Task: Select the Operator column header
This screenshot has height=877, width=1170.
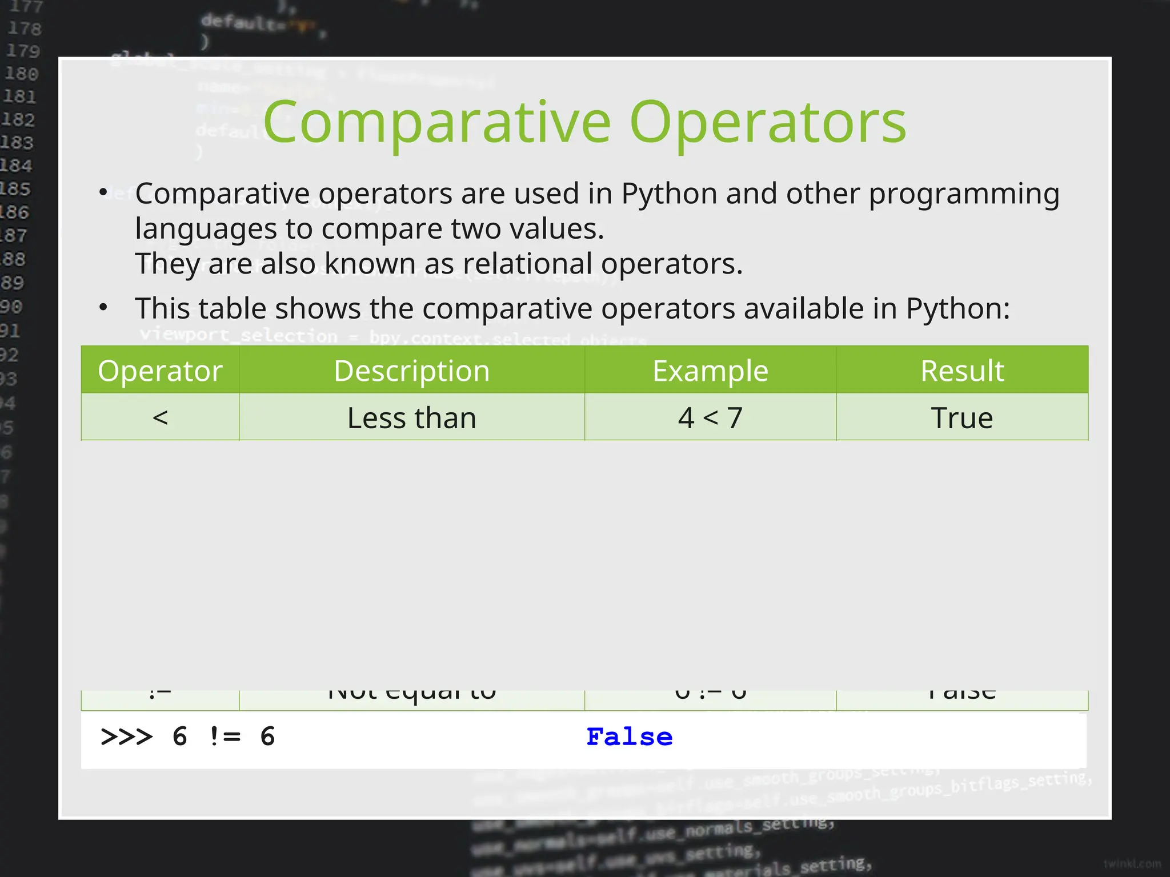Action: (x=160, y=371)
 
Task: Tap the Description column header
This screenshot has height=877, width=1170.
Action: (x=411, y=371)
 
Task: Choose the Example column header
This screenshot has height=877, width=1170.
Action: (x=710, y=371)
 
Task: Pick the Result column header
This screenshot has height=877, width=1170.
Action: (x=962, y=371)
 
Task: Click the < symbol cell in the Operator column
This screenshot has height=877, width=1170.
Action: (x=160, y=418)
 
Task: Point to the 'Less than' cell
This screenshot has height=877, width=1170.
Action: (x=411, y=418)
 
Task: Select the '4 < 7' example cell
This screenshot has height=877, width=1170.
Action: (x=710, y=418)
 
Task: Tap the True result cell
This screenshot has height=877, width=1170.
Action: (x=962, y=418)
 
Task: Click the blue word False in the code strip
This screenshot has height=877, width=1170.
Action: (x=630, y=737)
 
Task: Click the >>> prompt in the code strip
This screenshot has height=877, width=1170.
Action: (x=127, y=737)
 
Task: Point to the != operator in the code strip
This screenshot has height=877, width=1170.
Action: (x=225, y=737)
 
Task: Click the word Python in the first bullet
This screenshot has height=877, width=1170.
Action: (x=669, y=194)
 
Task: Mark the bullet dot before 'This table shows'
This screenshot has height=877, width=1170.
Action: (x=103, y=308)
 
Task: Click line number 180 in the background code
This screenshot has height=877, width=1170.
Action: (x=22, y=74)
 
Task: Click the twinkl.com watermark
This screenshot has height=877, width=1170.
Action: (x=1132, y=864)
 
